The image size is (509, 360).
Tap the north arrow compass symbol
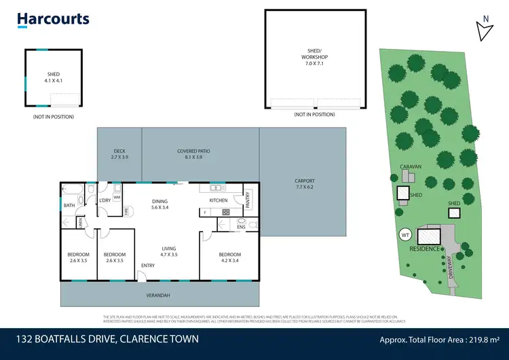(x=484, y=29)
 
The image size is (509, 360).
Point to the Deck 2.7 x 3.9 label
(x=119, y=154)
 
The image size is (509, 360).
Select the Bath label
(x=69, y=205)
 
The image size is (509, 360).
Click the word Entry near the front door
(x=147, y=266)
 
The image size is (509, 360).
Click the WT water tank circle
(x=406, y=235)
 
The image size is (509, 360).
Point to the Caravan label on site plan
(x=411, y=166)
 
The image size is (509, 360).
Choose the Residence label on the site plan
(x=425, y=249)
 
